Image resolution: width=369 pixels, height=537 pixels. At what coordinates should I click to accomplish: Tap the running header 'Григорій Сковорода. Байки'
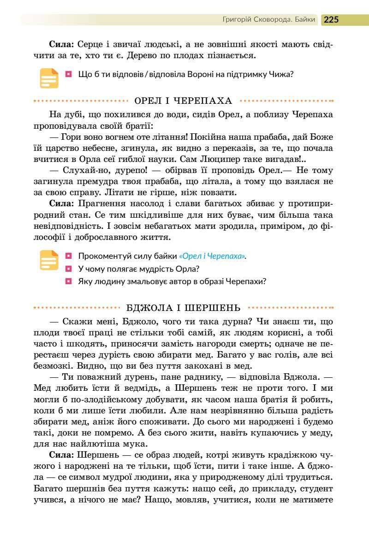[269, 19]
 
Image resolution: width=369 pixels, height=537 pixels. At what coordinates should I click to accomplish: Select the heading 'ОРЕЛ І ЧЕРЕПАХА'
[183, 101]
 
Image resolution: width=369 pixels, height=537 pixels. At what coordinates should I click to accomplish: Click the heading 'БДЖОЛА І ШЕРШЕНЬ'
[183, 307]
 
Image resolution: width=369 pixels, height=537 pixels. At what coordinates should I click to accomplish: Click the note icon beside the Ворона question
[49, 78]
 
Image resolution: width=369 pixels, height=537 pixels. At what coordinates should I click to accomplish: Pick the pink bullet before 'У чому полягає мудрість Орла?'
[68, 268]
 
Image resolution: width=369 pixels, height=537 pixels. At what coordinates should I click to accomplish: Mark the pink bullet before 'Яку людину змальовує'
[68, 281]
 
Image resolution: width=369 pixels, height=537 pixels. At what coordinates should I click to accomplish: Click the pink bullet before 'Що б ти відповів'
[68, 73]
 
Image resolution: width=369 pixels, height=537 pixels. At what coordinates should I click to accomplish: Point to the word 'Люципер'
[224, 159]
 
